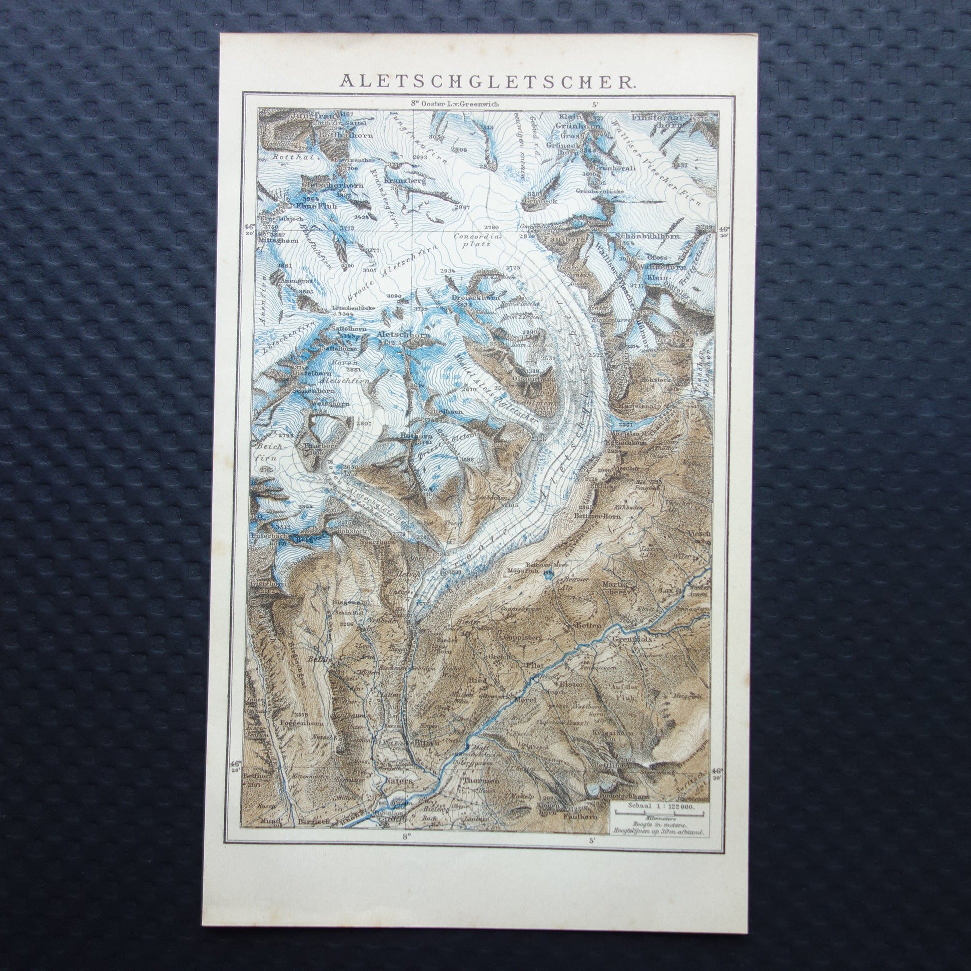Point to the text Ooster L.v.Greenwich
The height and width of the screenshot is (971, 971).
(442, 104)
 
